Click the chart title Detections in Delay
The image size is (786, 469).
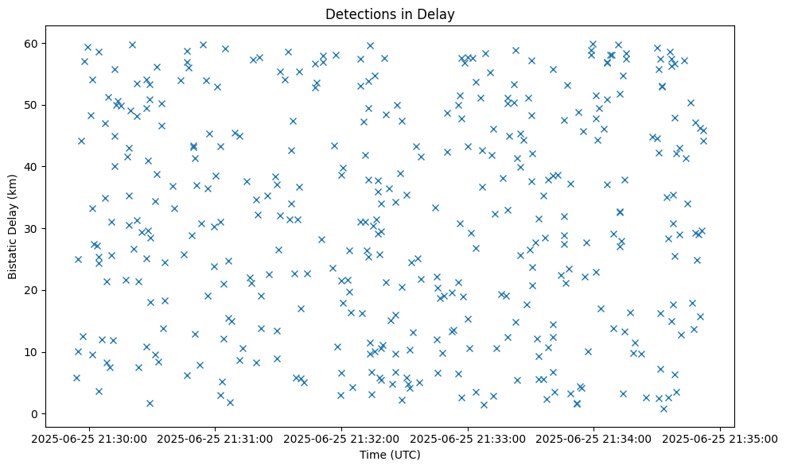[390, 14]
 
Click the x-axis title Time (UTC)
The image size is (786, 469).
[390, 455]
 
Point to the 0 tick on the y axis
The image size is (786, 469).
[56, 414]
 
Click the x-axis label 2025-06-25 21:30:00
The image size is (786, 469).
[89, 438]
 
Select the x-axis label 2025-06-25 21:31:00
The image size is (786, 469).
[216, 438]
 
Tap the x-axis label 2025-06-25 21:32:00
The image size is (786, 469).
[342, 438]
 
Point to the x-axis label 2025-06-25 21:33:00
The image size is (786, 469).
[468, 438]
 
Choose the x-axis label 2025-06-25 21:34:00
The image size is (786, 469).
[594, 438]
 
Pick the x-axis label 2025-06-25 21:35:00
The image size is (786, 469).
[721, 438]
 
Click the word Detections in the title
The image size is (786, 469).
[359, 14]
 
